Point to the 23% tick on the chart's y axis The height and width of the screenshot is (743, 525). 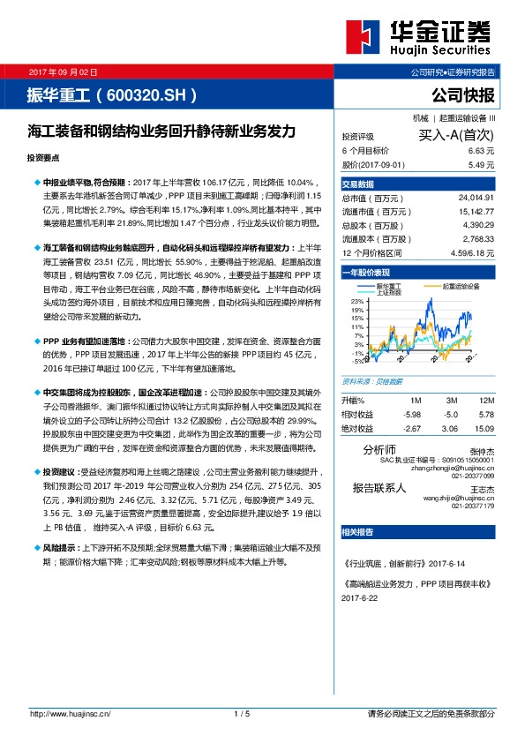pos(357,302)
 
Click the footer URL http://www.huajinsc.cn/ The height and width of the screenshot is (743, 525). pos(69,713)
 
